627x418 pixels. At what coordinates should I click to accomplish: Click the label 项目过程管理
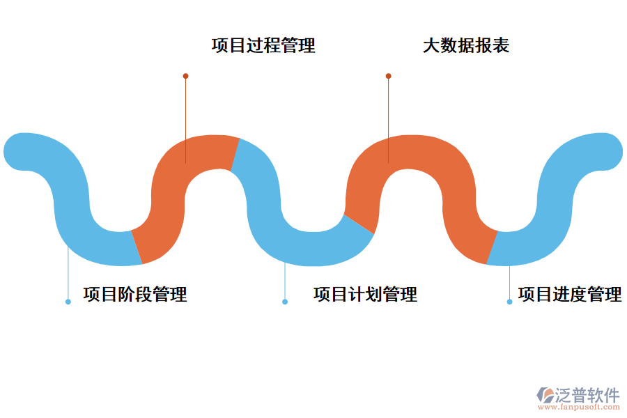coord(263,46)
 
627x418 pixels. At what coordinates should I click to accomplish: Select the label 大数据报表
coord(465,46)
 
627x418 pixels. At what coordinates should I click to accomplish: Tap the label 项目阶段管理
coord(135,294)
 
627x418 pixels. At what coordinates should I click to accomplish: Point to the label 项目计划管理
coord(365,294)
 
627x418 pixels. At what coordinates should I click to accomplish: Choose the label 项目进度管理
coord(569,294)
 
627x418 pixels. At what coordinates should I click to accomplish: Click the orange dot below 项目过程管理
coord(185,76)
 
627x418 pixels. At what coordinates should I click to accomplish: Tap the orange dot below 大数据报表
coord(388,76)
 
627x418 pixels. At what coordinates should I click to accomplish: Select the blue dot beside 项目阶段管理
coord(68,302)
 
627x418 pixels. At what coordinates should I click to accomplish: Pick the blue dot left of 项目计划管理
coord(285,302)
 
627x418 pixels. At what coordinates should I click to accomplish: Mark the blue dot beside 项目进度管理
coord(509,302)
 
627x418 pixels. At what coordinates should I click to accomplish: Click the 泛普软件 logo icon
coord(545,395)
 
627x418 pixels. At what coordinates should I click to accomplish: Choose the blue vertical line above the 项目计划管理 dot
coord(285,282)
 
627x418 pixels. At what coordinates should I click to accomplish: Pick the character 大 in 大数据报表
coord(431,46)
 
